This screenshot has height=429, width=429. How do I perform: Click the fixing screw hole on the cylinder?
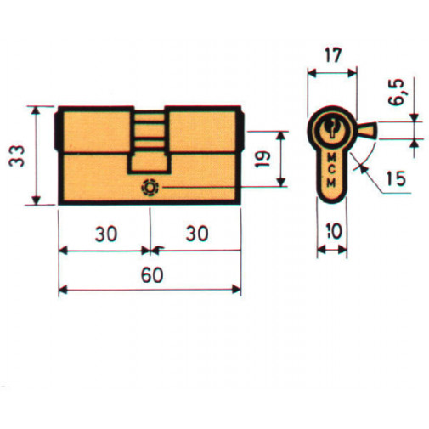pyautogui.click(x=151, y=188)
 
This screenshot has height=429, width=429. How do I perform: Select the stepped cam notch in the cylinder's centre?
pyautogui.click(x=150, y=140)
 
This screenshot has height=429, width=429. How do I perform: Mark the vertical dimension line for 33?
pyautogui.click(x=37, y=155)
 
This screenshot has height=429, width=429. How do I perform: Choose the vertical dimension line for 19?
pyautogui.click(x=280, y=159)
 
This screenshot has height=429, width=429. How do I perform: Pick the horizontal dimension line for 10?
pyautogui.click(x=331, y=251)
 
